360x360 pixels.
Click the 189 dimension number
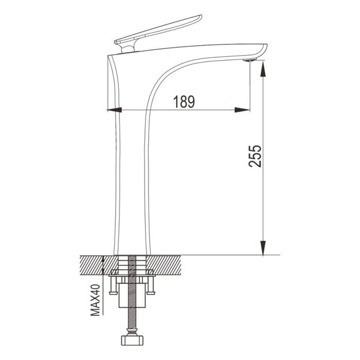(x=184, y=102)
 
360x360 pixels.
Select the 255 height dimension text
(x=256, y=155)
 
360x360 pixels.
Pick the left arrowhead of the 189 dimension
(x=114, y=110)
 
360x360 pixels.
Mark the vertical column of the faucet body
(x=131, y=180)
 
